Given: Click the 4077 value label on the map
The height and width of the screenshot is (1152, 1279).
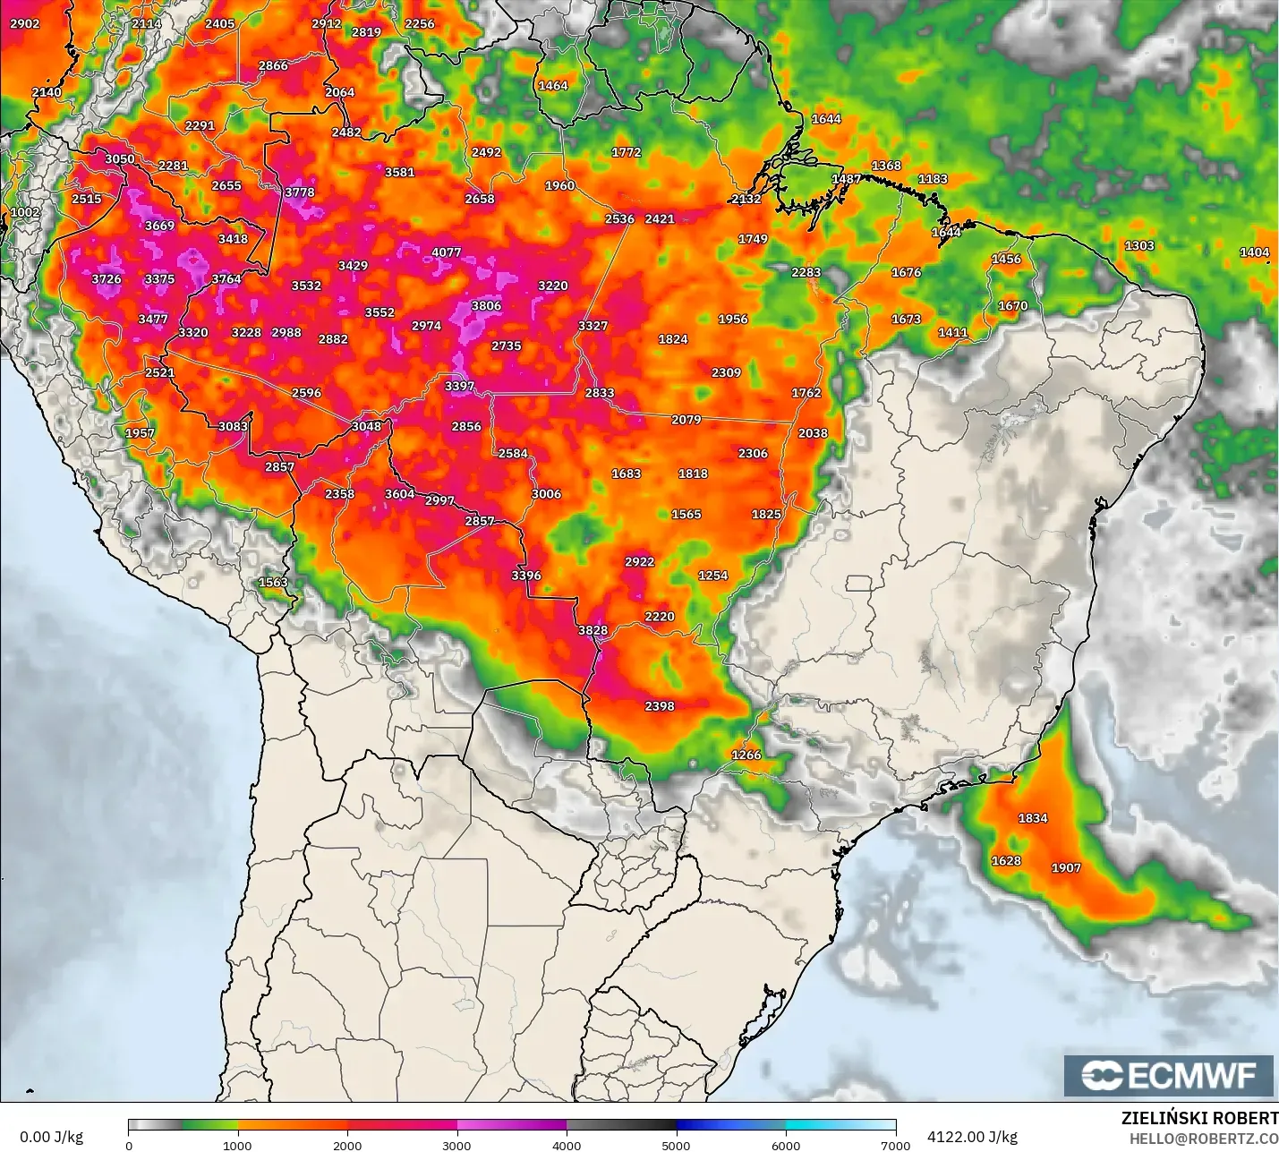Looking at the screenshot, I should (x=446, y=252).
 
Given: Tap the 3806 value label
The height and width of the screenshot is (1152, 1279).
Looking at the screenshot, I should (x=486, y=306).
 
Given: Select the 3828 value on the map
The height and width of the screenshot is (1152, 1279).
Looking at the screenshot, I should (x=593, y=630).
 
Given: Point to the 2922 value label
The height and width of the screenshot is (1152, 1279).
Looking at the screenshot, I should (x=639, y=562).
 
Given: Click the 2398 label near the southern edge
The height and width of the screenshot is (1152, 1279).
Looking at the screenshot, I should (x=660, y=706).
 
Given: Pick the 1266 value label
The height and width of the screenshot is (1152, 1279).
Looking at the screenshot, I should (x=746, y=755).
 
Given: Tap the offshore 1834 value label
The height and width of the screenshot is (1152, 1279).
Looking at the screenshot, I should (x=1033, y=818).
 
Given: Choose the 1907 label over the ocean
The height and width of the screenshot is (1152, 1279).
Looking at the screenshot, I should (x=1066, y=868).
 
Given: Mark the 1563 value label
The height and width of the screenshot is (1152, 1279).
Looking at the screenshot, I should (x=273, y=583).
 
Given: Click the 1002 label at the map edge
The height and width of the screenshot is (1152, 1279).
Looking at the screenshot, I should (x=25, y=212).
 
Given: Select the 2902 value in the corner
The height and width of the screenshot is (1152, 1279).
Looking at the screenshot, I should (x=25, y=24).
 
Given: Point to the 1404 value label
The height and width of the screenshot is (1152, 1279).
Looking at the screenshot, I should (x=1254, y=252).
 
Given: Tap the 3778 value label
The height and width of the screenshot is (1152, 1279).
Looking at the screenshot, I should (x=300, y=192).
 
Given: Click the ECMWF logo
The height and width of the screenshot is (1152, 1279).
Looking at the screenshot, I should (x=1168, y=1075).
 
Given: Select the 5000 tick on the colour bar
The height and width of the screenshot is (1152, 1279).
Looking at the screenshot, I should (x=676, y=1145).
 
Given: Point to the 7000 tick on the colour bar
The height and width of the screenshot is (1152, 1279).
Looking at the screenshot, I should (x=895, y=1145).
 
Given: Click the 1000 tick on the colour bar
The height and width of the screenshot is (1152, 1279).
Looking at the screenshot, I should (x=237, y=1145).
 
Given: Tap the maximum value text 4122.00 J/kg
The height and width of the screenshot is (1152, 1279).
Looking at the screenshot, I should (x=972, y=1137).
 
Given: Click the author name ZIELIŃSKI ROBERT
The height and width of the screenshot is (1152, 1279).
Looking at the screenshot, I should (x=1199, y=1118).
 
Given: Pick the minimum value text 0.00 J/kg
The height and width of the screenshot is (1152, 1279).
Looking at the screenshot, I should (x=51, y=1137).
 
